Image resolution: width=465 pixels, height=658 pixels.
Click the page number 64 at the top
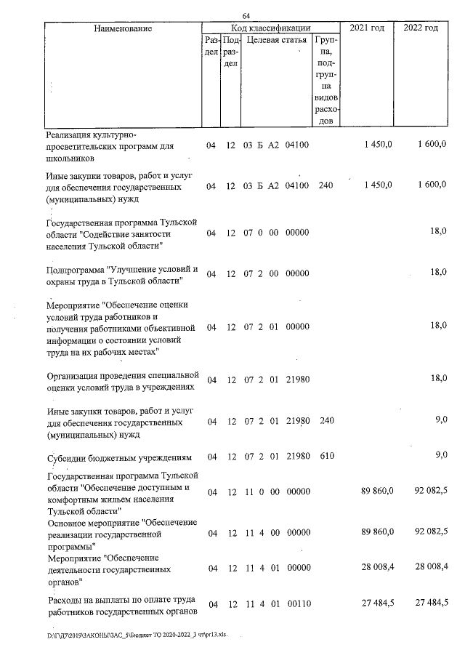pyautogui.click(x=246, y=16)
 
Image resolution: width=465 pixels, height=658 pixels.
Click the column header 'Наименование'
pyautogui.click(x=123, y=28)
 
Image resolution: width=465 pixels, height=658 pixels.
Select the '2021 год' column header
pyautogui.click(x=368, y=28)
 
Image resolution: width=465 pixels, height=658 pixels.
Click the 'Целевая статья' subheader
pyautogui.click(x=276, y=40)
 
